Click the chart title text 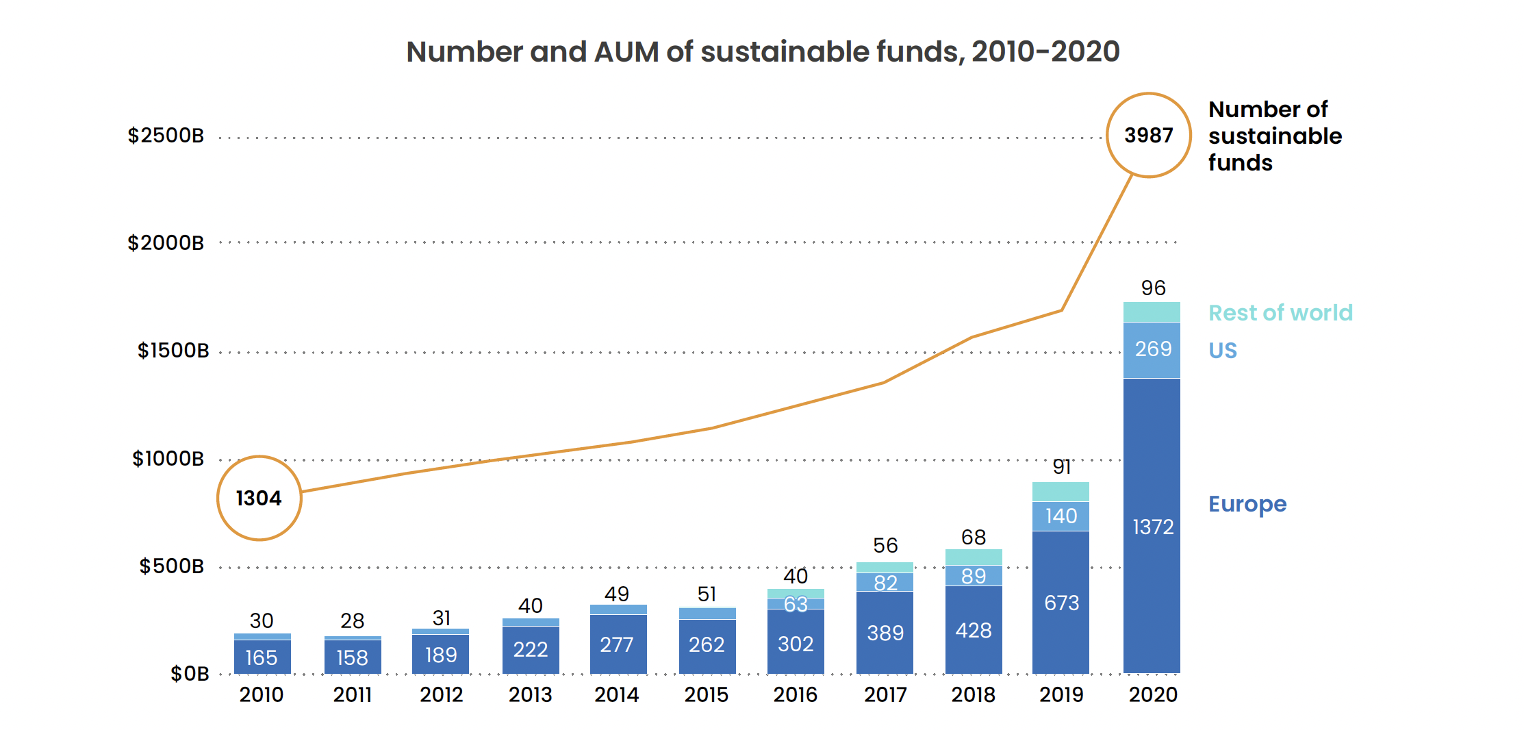tap(763, 52)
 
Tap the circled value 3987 tap(1149, 135)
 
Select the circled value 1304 tap(259, 498)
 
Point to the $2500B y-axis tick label tap(166, 136)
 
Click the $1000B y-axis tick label tap(168, 459)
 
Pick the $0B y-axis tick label tap(190, 674)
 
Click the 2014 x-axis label tap(617, 695)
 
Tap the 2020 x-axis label tap(1153, 695)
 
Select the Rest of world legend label tap(1280, 313)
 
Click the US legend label tap(1223, 351)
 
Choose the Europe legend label tap(1247, 504)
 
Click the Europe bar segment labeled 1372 tap(1152, 526)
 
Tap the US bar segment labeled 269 tap(1152, 349)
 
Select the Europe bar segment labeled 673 tap(1061, 603)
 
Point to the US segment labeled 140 tap(1061, 516)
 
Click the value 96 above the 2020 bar tap(1153, 288)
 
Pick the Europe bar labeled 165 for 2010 tap(262, 657)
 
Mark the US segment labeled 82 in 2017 tap(885, 583)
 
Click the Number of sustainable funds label tap(1275, 136)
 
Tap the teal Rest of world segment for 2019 tap(1061, 492)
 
